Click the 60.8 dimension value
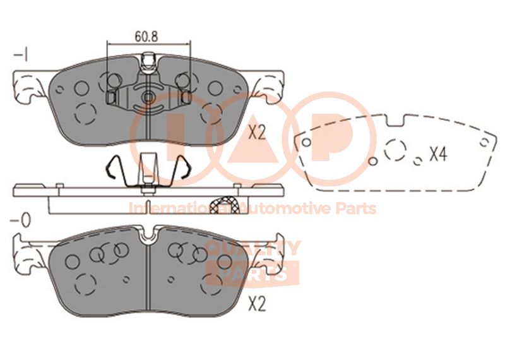point(146,37)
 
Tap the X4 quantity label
point(438,154)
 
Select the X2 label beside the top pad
point(257,132)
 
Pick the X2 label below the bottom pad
point(257,304)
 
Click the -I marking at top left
point(21,54)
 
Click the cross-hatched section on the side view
point(224,205)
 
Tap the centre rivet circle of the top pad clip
point(148,97)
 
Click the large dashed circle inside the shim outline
point(395,150)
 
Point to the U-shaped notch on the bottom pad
point(148,234)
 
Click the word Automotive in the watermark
point(286,208)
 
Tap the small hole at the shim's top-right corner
point(484,142)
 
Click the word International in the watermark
point(181,208)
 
